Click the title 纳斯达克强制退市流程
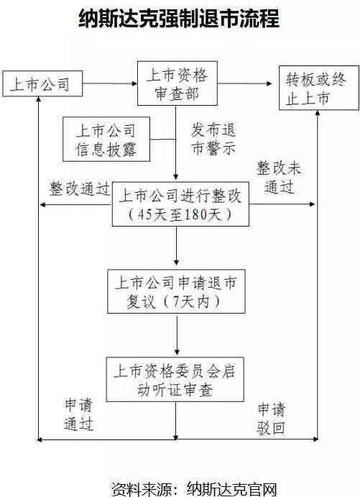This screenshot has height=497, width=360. click(x=179, y=18)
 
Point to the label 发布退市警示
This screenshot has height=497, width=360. click(x=213, y=139)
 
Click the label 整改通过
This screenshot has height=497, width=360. click(x=79, y=188)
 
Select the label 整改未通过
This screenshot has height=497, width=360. click(x=279, y=177)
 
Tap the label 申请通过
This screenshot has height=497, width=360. click(x=78, y=414)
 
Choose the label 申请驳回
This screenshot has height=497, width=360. click(x=272, y=419)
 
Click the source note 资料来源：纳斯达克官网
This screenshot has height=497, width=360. click(x=194, y=489)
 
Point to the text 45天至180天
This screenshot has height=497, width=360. click(x=180, y=215)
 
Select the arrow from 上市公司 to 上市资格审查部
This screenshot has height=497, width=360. click(x=110, y=83)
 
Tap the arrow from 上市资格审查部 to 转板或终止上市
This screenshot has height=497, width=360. click(x=245, y=83)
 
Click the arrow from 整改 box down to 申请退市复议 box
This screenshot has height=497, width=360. click(x=176, y=246)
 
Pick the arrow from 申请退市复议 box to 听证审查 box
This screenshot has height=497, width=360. click(x=177, y=334)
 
